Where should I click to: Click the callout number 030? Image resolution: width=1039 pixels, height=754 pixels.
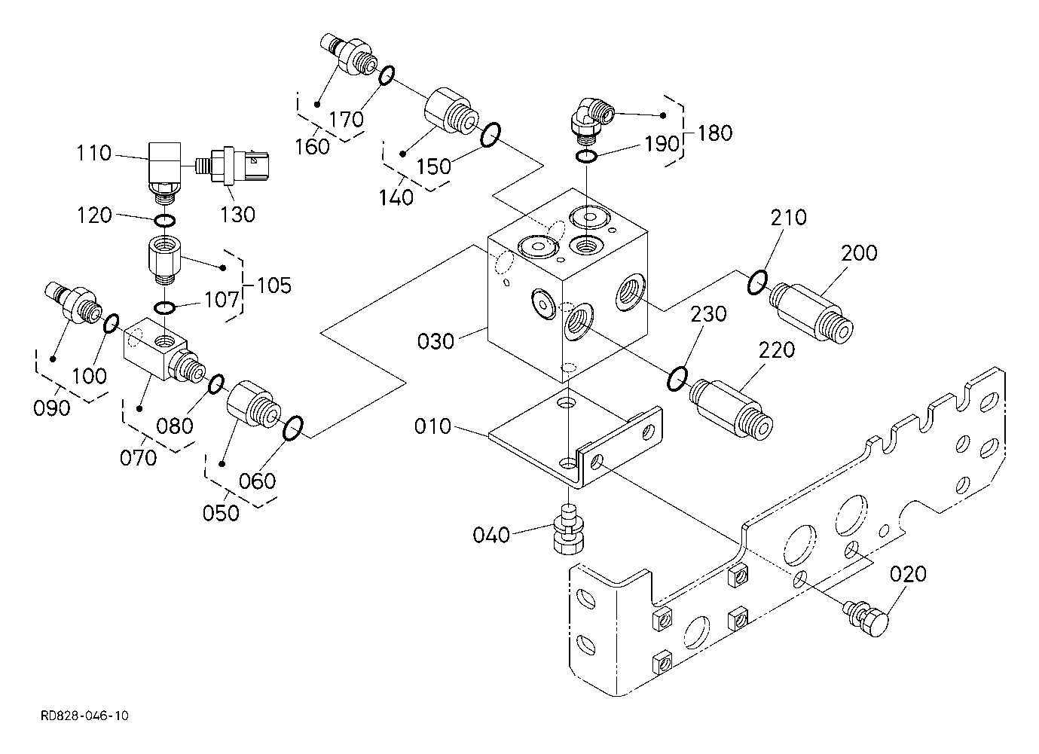(436, 341)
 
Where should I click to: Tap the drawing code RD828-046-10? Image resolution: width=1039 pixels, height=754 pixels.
(84, 715)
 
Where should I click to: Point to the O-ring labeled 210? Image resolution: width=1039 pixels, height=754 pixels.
(757, 282)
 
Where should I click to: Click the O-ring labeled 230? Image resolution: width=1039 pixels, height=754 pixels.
(677, 378)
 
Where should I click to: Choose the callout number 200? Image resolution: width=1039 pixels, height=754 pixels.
(860, 253)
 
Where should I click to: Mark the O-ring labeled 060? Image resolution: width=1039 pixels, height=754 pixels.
(292, 428)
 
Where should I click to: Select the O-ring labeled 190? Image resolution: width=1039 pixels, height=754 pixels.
(587, 157)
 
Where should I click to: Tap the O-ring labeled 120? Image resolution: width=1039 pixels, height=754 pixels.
(165, 221)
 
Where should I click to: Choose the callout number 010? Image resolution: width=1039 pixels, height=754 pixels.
(432, 427)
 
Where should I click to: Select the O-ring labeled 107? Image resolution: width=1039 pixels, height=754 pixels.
(165, 307)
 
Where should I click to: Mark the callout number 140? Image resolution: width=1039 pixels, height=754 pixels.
(396, 197)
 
